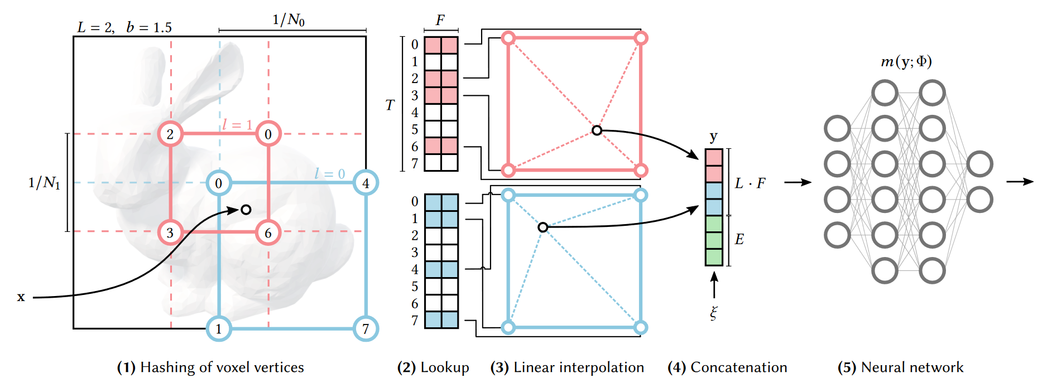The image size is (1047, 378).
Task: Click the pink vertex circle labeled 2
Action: tap(170, 134)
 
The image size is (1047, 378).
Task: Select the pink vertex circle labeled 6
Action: tap(268, 232)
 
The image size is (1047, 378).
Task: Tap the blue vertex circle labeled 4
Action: tap(366, 183)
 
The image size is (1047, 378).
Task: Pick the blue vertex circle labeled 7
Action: tap(366, 329)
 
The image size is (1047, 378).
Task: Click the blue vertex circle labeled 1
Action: tap(219, 329)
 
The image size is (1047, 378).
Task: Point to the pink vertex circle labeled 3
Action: tap(170, 232)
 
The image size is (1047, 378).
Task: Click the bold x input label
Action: tap(21, 297)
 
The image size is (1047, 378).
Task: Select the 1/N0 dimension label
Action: tap(289, 20)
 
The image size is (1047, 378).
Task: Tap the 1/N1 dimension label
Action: tap(44, 182)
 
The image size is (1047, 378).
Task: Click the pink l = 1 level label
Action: tap(237, 124)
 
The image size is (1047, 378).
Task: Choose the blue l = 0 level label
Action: tap(329, 173)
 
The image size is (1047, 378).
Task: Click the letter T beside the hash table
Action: tap(390, 105)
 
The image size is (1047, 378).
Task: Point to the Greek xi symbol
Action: tap(714, 312)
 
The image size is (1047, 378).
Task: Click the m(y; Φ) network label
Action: tap(906, 61)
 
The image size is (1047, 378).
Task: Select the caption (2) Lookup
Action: tap(433, 367)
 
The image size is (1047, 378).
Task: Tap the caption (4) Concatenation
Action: tap(727, 367)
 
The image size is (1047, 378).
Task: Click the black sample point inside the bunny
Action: tap(246, 210)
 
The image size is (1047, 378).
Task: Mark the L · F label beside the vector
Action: tap(750, 183)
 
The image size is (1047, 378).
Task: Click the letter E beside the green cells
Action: tap(739, 239)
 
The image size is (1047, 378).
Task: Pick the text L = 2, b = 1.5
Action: tap(124, 27)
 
